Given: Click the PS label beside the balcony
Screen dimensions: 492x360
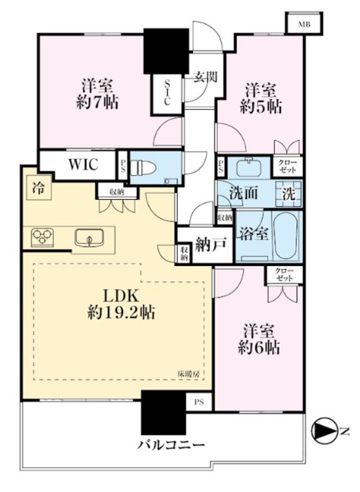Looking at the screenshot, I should click(x=199, y=401).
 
